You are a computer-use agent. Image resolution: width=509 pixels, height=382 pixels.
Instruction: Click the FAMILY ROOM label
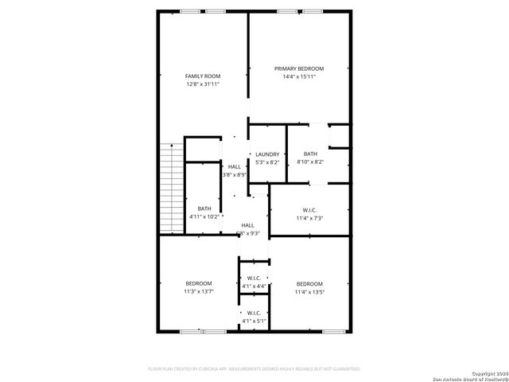tap(202, 76)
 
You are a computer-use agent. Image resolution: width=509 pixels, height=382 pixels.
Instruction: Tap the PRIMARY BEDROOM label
tap(299, 69)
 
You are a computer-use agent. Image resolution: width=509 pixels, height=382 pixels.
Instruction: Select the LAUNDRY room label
tap(267, 154)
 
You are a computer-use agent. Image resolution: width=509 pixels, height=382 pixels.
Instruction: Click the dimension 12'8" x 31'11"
tap(202, 84)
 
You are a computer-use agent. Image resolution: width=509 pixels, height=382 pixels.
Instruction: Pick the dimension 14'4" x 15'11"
tap(299, 77)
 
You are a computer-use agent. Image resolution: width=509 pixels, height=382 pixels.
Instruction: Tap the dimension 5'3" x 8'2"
tap(267, 162)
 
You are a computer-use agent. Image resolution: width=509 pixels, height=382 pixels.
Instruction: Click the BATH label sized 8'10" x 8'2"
tap(310, 154)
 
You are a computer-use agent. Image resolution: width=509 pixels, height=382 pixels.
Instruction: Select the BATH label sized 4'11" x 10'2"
tap(204, 209)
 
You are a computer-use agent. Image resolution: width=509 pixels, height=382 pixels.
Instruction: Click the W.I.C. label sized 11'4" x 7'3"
tap(310, 210)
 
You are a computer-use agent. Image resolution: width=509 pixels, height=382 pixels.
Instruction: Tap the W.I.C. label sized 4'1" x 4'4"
tap(254, 278)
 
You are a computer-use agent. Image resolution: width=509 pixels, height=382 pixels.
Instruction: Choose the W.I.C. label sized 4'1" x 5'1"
tap(254, 313)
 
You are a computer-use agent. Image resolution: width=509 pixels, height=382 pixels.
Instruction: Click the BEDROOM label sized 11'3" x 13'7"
tap(199, 283)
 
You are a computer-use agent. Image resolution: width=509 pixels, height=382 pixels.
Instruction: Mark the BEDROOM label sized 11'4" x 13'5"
tap(309, 284)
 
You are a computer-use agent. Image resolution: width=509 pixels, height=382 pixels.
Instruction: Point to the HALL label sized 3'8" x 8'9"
tap(235, 166)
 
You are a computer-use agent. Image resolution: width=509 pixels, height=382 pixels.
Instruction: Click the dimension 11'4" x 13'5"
tap(309, 292)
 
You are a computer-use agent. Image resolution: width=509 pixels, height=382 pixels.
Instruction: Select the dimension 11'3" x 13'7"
tap(199, 291)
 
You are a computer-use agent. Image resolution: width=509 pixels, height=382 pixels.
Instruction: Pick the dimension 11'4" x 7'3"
tap(310, 218)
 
